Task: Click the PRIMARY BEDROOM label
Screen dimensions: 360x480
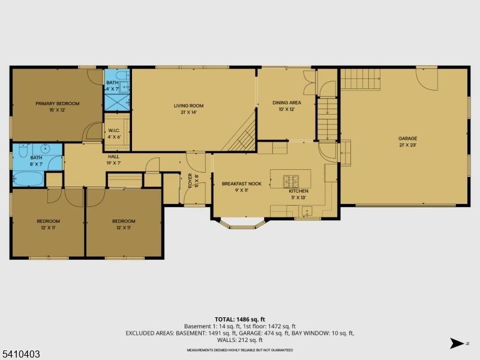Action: click(x=57, y=103)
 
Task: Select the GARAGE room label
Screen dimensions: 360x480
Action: click(x=407, y=138)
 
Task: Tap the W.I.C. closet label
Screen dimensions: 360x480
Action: click(x=114, y=131)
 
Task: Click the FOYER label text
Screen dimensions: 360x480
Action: click(x=190, y=181)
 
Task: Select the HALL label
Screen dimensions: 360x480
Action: click(x=113, y=157)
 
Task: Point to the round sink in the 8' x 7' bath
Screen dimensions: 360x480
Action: click(x=46, y=148)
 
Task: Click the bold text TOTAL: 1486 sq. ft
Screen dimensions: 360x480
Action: click(x=239, y=319)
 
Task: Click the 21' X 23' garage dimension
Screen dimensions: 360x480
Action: click(x=407, y=145)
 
